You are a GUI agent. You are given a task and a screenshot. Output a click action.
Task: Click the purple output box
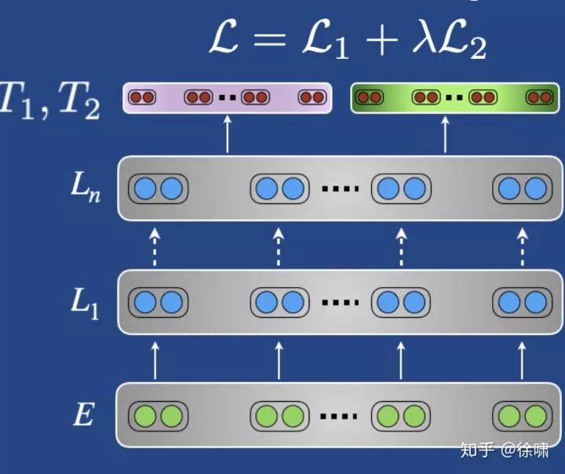[x=228, y=98]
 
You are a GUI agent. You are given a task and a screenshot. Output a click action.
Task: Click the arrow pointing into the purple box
[x=228, y=134]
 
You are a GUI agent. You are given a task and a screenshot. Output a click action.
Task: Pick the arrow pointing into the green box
[x=446, y=134]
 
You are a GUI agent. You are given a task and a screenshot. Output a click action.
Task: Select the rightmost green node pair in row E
[x=522, y=415]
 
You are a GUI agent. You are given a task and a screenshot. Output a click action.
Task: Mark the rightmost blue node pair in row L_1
[x=523, y=302]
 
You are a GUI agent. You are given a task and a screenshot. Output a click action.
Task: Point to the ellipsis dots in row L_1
[x=341, y=303]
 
